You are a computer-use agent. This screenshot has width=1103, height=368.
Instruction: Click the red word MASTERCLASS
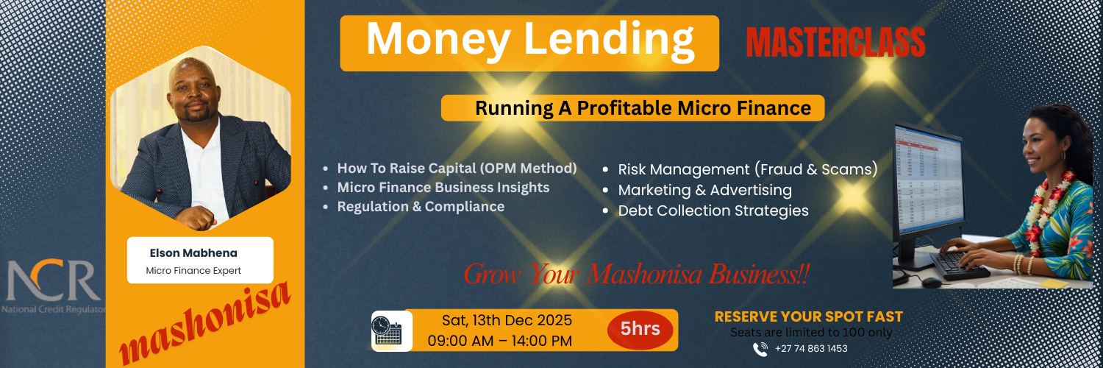835,43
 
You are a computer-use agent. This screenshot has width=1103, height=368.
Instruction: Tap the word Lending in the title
609,40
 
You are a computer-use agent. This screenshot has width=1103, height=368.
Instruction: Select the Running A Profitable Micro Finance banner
632,108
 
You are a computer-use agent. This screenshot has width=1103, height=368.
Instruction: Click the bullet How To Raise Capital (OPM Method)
457,168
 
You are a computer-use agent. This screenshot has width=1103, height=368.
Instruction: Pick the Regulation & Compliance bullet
421,207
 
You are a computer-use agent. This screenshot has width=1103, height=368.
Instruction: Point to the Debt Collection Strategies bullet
713,210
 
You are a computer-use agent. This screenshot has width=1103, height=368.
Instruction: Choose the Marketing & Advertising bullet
704,190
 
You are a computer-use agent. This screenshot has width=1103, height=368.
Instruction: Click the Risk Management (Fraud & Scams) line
747,169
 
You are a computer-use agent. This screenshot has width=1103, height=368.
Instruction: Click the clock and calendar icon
387,330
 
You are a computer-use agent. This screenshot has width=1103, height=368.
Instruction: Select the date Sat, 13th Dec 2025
507,320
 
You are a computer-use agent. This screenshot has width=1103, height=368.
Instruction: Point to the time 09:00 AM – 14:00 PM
499,341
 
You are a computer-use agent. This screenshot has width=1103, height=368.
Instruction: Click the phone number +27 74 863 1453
811,349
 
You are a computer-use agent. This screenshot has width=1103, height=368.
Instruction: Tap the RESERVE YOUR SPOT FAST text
808,317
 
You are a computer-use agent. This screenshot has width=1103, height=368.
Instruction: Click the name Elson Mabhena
193,253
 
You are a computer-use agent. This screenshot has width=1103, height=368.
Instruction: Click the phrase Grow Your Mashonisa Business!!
636,275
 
